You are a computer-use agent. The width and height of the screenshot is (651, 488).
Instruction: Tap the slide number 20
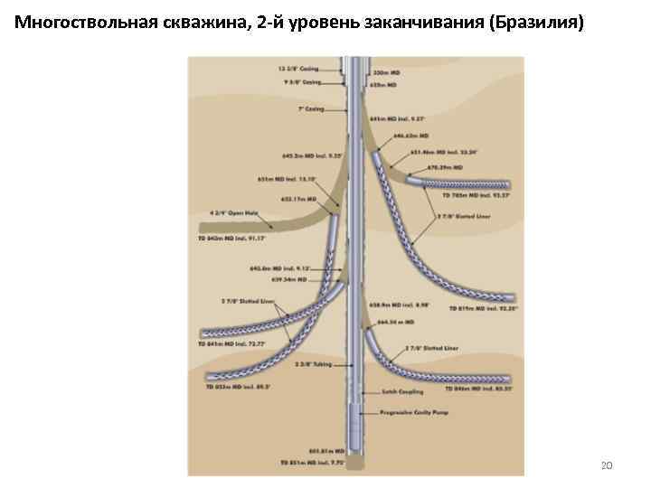[607, 465]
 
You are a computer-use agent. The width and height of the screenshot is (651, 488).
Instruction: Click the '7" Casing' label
[310, 109]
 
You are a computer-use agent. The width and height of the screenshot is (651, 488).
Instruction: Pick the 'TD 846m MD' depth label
[479, 389]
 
